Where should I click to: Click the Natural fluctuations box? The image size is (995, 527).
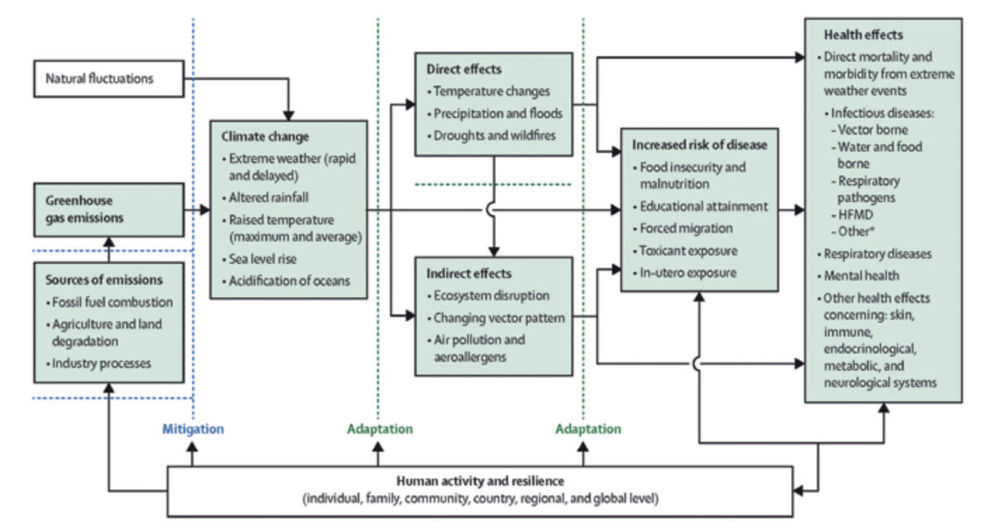[x=109, y=79]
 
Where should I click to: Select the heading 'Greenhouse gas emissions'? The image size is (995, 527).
[x=85, y=209]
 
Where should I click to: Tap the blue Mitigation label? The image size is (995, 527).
[x=192, y=429]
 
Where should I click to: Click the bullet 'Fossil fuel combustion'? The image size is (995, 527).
[x=109, y=302]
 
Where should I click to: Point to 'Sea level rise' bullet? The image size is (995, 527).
[x=259, y=259]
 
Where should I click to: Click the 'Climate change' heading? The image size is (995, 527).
[x=265, y=137]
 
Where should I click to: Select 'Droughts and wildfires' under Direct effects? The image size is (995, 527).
[x=491, y=135]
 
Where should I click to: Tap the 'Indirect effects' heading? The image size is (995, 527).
[x=469, y=274]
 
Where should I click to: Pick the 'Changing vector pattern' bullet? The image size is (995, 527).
[x=496, y=318]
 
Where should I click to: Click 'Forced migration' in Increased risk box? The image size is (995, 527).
[x=682, y=228]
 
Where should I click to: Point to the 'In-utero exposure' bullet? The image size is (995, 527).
[x=685, y=272]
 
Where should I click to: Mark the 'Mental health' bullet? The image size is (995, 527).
[x=858, y=276]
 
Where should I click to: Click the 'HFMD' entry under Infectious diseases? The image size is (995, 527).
[x=852, y=215]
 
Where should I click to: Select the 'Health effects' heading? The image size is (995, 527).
[x=863, y=35]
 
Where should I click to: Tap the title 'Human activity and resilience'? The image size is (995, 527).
[x=480, y=481]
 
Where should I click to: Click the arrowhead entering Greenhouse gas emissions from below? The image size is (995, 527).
[x=109, y=242]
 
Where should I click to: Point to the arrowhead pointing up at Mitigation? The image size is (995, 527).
[x=192, y=447]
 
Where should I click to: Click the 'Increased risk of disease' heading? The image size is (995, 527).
[x=700, y=145]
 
